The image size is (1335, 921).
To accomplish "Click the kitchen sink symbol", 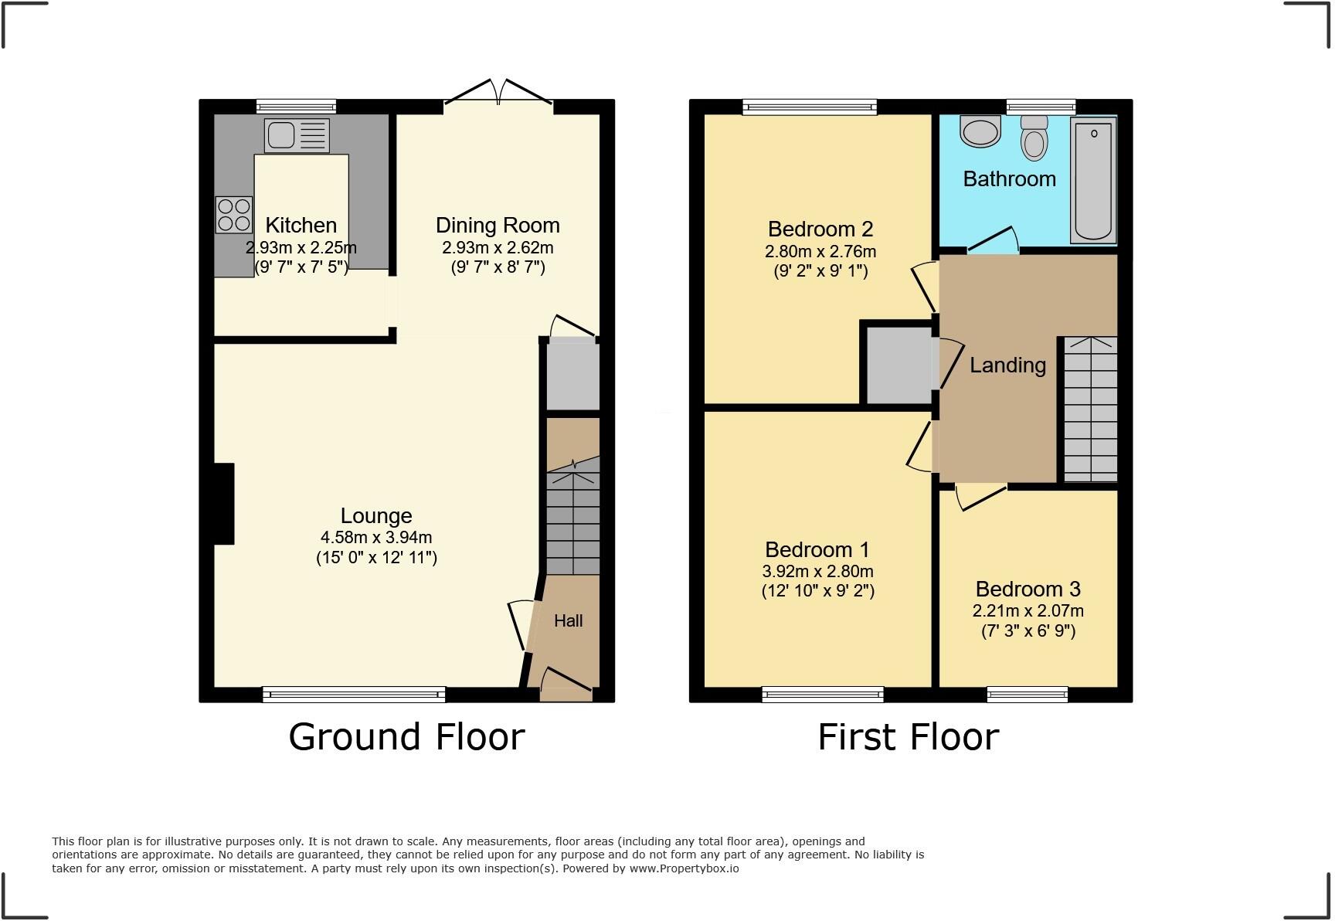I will point(297,135).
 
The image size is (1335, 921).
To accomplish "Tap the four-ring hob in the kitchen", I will point(233,214).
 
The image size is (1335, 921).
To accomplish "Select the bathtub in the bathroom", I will point(1093,180).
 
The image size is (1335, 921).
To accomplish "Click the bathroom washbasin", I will point(980,131).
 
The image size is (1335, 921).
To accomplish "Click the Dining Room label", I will point(498,226).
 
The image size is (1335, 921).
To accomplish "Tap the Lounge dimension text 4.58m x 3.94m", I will point(376,537).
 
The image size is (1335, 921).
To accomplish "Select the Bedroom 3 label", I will point(1028,589).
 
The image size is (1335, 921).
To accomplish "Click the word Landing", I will point(1007,365).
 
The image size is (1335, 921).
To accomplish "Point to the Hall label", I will point(568,620).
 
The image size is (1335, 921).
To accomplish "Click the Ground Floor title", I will point(406,736).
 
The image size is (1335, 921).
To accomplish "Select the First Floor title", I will point(908,736).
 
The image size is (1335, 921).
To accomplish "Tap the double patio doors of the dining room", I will point(499,93).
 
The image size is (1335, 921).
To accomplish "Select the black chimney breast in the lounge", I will point(224,504).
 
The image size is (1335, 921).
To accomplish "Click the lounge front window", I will point(354,695).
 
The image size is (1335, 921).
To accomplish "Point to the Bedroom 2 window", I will point(810,107).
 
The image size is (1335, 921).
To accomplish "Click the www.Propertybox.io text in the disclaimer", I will point(684,868).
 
